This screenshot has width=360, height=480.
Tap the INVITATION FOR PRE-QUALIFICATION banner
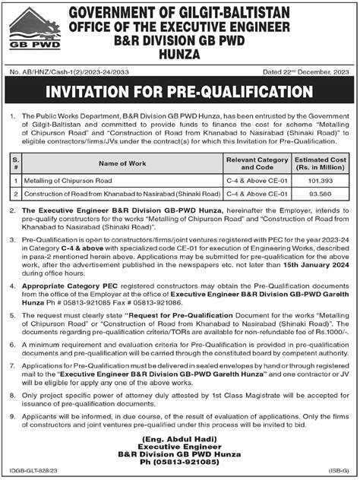[x=180, y=92]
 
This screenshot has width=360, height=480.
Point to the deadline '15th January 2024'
[x=314, y=266]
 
